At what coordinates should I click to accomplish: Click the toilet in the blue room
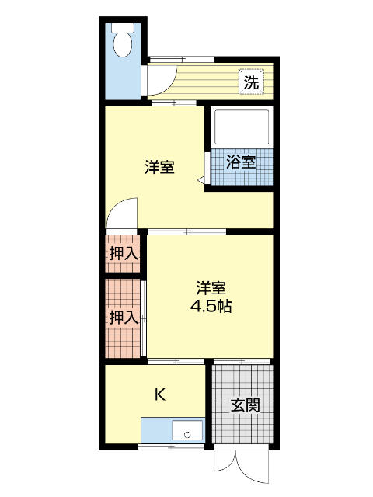[x=123, y=44]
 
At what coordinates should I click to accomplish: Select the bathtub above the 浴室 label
[x=240, y=127]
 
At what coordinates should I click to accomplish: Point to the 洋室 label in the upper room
[x=159, y=167]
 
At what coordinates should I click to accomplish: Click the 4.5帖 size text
[x=211, y=305]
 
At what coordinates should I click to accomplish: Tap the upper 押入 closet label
[x=123, y=252]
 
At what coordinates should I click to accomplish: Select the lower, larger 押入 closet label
[x=123, y=317]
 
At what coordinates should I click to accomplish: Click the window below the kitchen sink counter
[x=171, y=447]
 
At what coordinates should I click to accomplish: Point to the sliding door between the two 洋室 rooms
[x=186, y=231]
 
